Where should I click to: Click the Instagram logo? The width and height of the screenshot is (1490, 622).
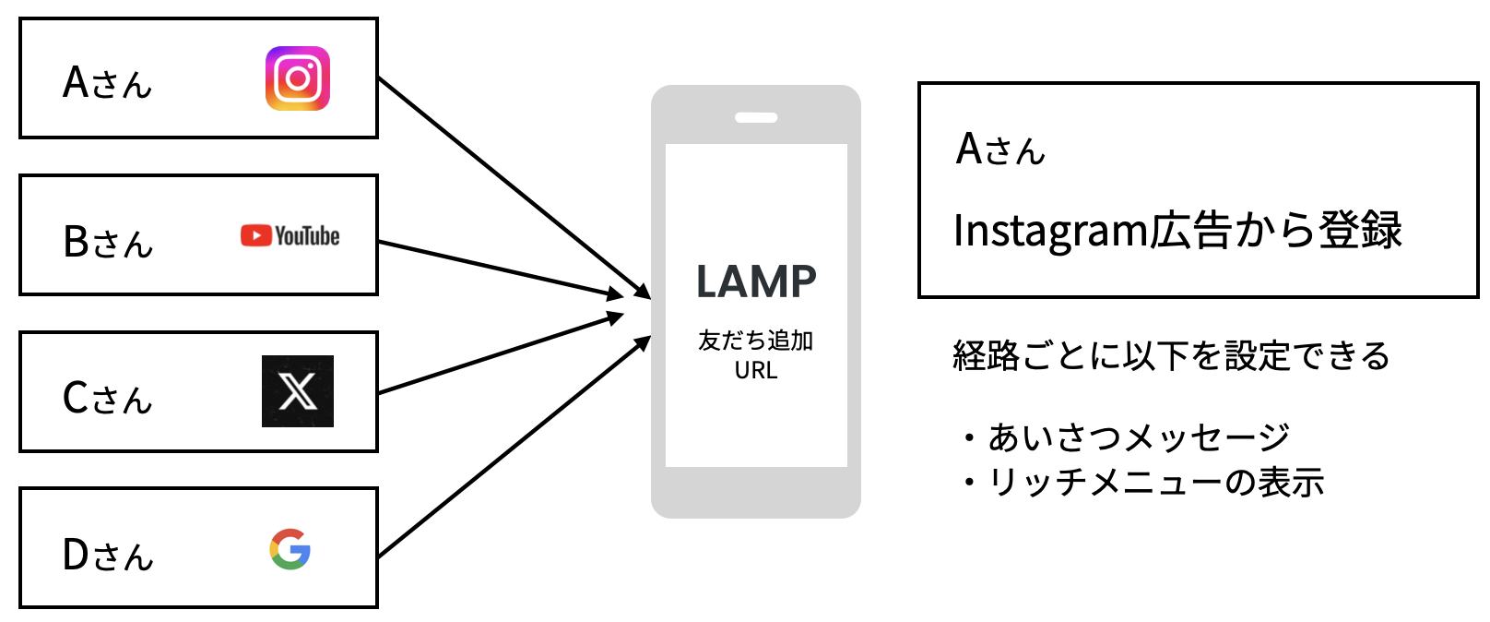297,78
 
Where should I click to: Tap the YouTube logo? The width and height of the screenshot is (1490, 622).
290,236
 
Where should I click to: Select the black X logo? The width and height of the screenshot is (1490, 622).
297,391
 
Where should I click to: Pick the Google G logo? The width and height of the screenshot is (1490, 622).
290,549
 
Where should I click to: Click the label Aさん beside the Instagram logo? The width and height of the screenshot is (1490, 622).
107,83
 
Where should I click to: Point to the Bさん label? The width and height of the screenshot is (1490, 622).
108,242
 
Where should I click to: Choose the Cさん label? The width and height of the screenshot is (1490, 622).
107,399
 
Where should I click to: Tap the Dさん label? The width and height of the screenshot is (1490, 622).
107,556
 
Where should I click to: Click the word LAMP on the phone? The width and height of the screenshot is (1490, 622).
756,282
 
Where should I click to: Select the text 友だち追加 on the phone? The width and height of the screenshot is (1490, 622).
756,341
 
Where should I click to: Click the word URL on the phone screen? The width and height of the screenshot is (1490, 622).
756,371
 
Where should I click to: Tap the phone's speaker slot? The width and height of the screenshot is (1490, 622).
756,118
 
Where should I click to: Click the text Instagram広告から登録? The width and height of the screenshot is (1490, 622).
1177,231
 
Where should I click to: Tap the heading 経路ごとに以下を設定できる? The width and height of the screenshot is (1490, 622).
1171,355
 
